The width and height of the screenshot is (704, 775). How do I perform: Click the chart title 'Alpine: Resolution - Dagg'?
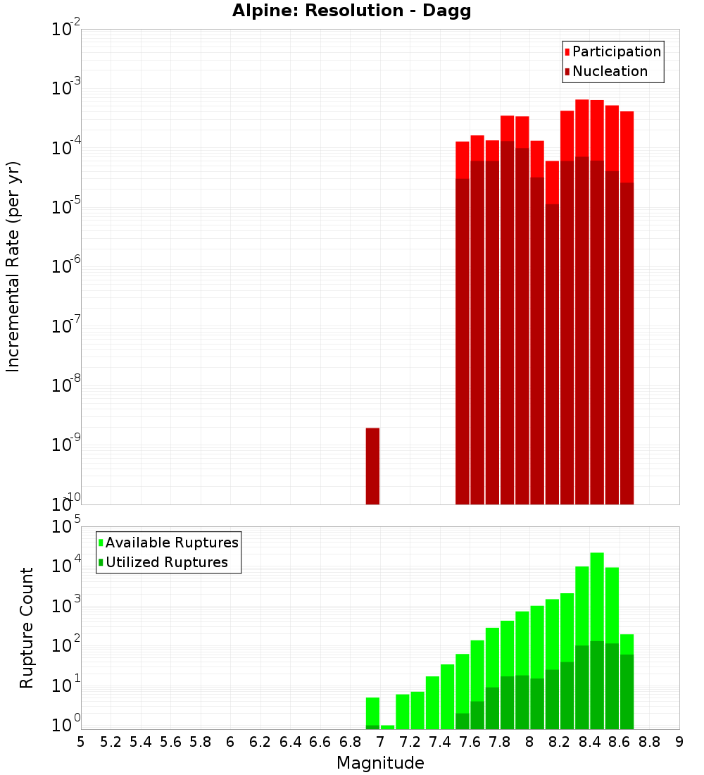tap(352, 11)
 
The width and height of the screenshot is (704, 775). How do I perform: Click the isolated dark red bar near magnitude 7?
tap(372, 466)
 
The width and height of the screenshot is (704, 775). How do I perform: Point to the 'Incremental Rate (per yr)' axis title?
tap(13, 266)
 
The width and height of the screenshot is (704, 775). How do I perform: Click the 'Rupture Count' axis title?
tap(27, 628)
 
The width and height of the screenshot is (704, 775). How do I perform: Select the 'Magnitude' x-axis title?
tap(380, 763)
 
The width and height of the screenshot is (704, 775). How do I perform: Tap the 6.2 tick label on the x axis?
tap(260, 742)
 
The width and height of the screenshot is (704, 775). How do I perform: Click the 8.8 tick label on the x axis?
tap(649, 742)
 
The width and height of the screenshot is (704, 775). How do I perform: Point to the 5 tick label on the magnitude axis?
tap(81, 742)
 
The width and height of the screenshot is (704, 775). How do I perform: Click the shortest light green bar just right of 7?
tap(387, 727)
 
